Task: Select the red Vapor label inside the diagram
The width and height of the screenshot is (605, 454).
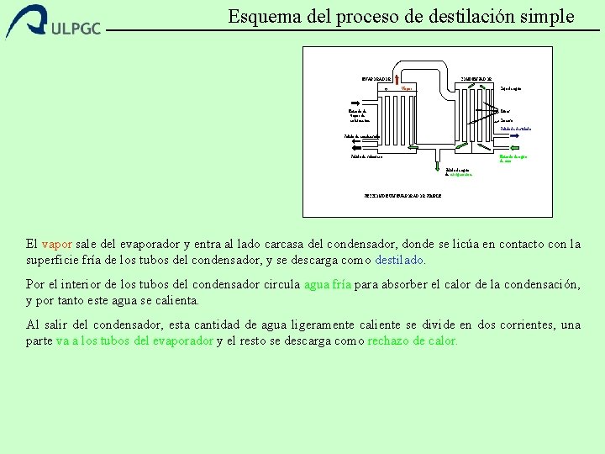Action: coord(406,87)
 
